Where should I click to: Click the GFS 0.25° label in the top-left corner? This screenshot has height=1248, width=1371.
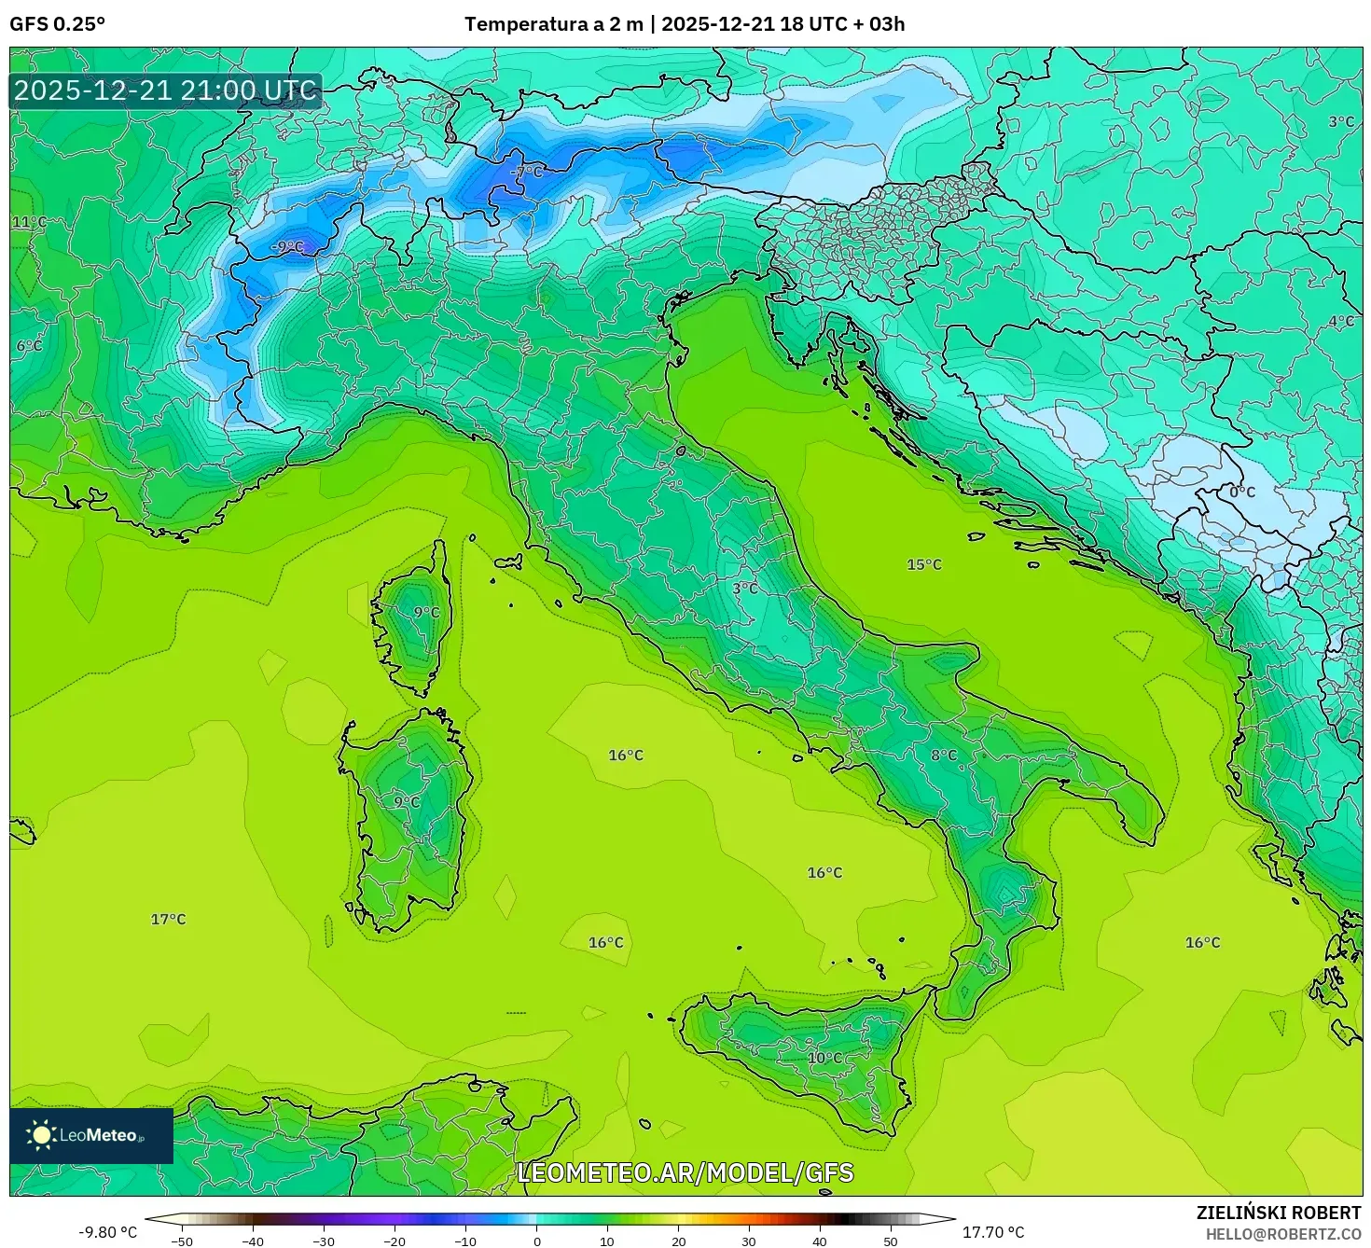[x=57, y=24]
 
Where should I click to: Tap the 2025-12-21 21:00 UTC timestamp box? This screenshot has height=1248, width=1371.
[x=165, y=90]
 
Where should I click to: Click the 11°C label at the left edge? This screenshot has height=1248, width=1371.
[x=29, y=222]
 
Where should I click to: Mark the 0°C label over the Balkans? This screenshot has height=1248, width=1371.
[x=1242, y=492]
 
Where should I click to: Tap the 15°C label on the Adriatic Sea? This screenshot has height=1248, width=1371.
[x=924, y=564]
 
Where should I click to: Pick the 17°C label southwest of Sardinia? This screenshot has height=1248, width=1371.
[x=169, y=919]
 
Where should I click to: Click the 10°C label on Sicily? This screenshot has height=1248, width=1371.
[x=824, y=1058]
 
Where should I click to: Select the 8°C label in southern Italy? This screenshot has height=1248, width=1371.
[x=944, y=755]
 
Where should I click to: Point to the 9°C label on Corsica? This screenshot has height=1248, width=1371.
[x=426, y=612]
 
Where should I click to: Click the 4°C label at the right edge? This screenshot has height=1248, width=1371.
[x=1340, y=321]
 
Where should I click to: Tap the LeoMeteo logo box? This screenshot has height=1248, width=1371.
[x=91, y=1135]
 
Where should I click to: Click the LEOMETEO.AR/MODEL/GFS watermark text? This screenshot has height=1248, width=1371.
[x=685, y=1172]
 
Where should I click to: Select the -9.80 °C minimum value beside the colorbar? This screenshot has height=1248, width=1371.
[x=107, y=1232]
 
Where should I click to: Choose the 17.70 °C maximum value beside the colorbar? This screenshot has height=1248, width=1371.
[x=993, y=1232]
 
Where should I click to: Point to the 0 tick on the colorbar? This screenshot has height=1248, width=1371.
[x=536, y=1241]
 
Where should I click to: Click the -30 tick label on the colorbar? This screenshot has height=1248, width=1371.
[x=323, y=1241]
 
